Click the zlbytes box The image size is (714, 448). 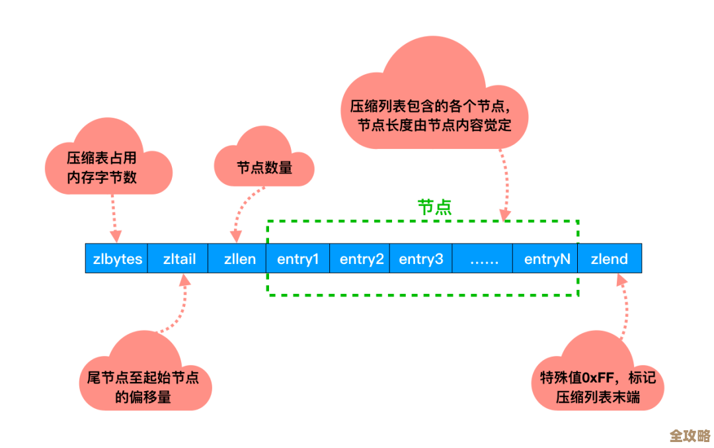tap(116, 259)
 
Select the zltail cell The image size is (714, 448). tap(179, 259)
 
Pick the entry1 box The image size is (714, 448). tap(297, 259)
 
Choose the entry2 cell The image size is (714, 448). tap(361, 259)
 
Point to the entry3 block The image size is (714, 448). tap(421, 259)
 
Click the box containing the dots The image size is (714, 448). tap(483, 259)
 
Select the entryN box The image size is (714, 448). tap(547, 259)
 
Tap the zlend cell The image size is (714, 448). tap(609, 259)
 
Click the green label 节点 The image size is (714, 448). tap(434, 207)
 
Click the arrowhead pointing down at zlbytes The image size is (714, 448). tap(116, 235)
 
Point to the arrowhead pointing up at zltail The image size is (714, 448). tap(184, 281)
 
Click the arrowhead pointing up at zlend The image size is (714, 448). tap(621, 281)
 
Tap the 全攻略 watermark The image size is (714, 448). tap(689, 435)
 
